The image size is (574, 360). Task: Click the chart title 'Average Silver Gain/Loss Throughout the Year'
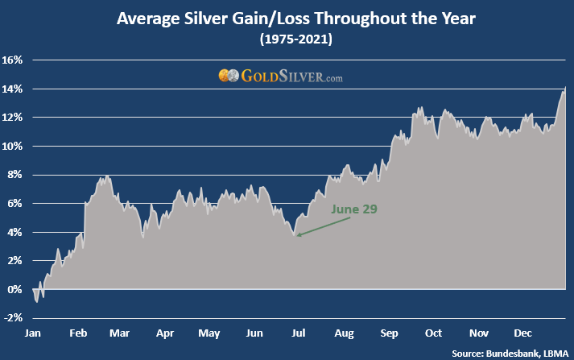pos(287,17)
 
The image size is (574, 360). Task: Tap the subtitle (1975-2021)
pos(287,37)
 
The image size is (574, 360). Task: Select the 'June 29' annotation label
pos(354,209)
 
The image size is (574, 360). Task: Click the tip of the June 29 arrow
pos(296,235)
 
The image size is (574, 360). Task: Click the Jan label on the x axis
pos(33,333)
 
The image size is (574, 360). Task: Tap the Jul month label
pos(299,333)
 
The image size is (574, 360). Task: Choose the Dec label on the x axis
pos(522,333)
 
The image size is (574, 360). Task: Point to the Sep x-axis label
pos(389,333)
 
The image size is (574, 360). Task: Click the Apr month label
pos(165,333)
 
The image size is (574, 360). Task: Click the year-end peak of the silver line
pos(565,89)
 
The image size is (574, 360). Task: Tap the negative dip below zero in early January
pos(37,301)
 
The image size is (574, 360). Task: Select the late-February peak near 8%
pos(107,176)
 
